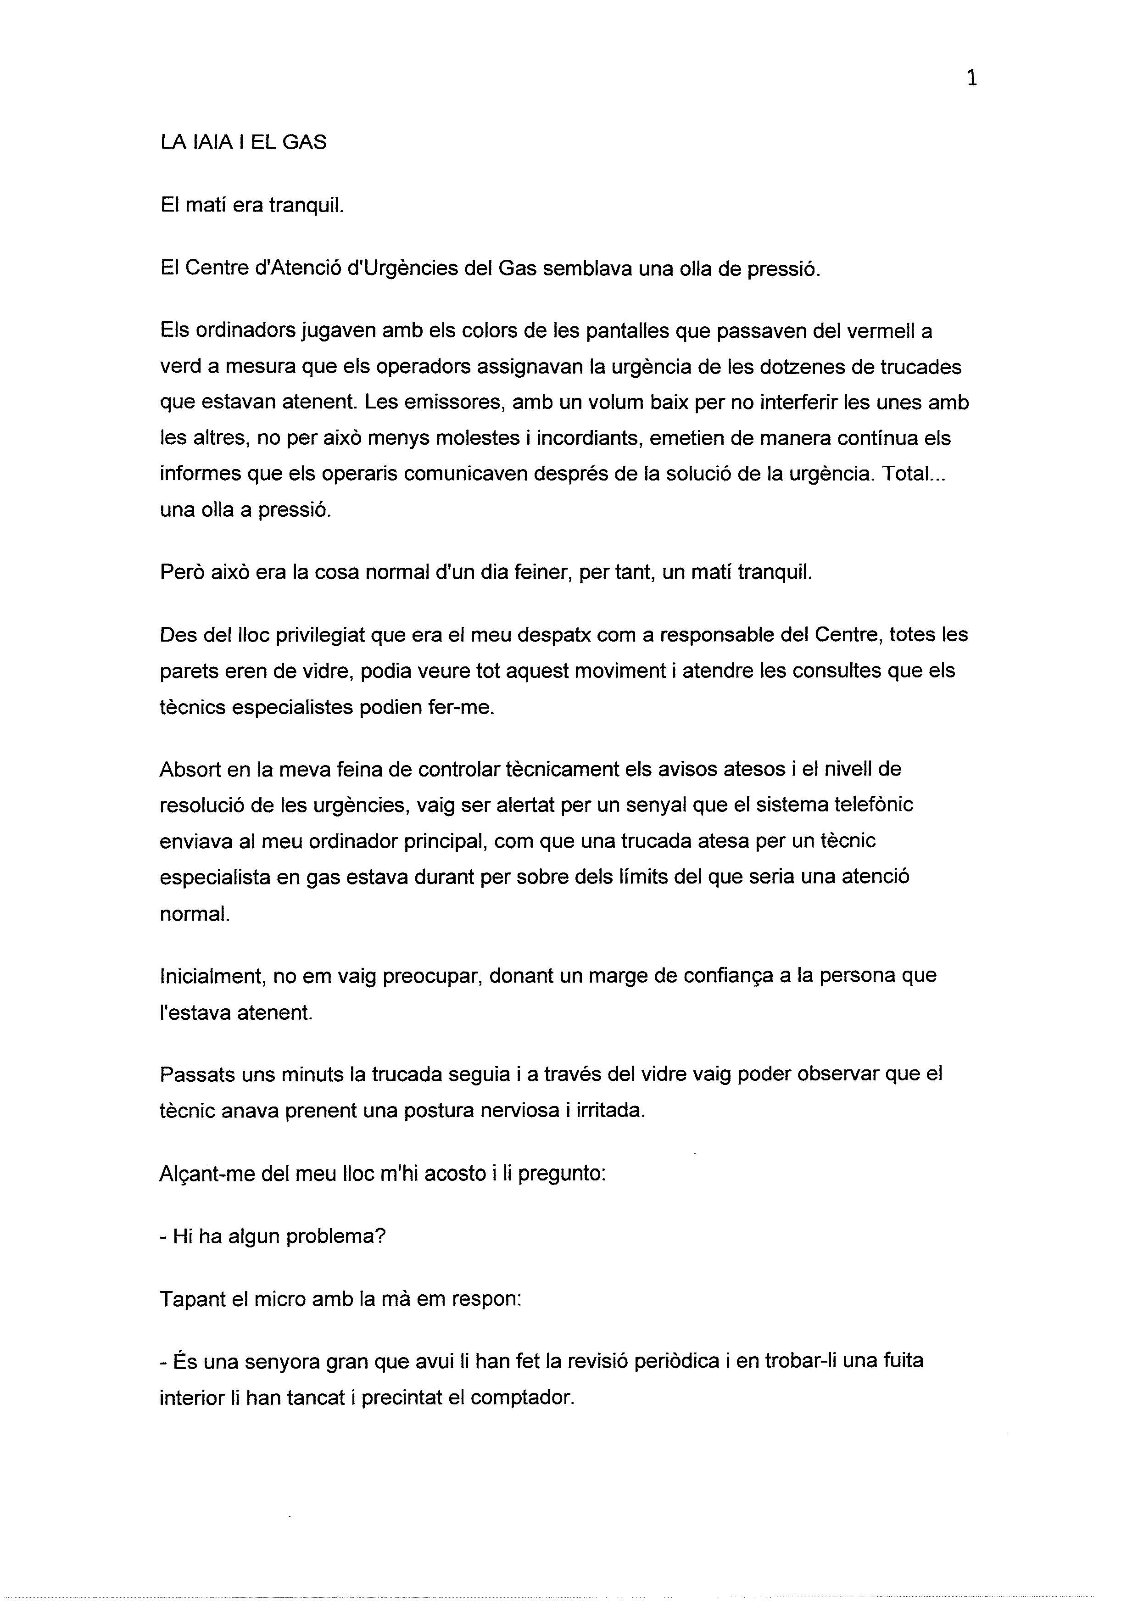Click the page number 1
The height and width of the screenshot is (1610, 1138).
pos(972,78)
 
